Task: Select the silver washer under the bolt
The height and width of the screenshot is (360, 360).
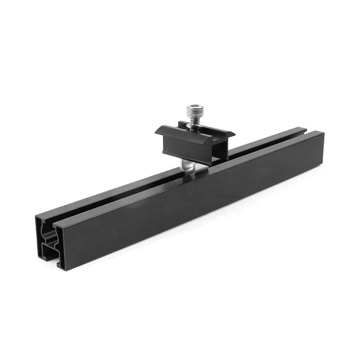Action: pos(194,126)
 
